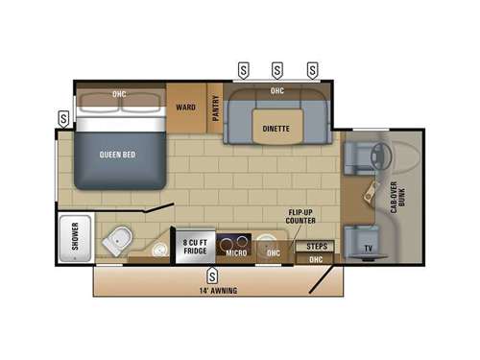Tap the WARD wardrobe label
click(185, 107)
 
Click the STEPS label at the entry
click(317, 246)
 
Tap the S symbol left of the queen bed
click(63, 118)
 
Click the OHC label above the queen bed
click(119, 94)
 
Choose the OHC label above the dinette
click(276, 91)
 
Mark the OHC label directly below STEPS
click(316, 259)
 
